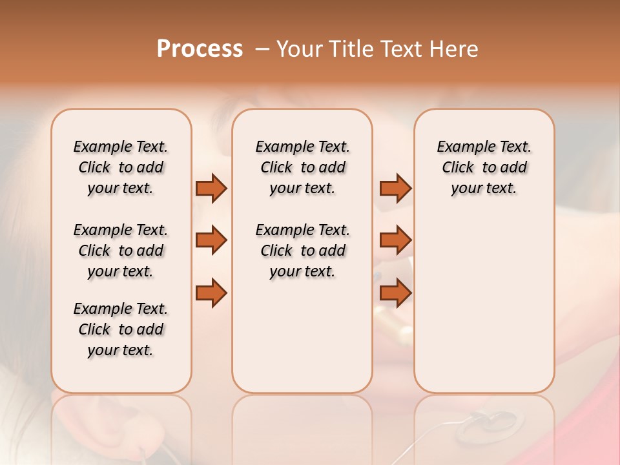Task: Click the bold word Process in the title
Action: [x=200, y=48]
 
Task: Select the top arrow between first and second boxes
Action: [x=211, y=188]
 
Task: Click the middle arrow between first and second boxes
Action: [x=211, y=240]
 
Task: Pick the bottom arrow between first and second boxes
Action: [x=211, y=293]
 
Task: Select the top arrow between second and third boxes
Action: [x=395, y=188]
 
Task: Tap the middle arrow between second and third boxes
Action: [x=395, y=240]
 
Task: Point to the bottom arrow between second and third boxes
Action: [x=395, y=293]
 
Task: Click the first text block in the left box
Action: [x=121, y=167]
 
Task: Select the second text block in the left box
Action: [x=121, y=251]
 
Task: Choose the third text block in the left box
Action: [x=121, y=329]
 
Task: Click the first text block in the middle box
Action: [x=302, y=167]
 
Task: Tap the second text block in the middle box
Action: [x=302, y=251]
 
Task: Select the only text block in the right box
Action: [x=484, y=167]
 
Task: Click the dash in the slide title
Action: [x=262, y=49]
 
